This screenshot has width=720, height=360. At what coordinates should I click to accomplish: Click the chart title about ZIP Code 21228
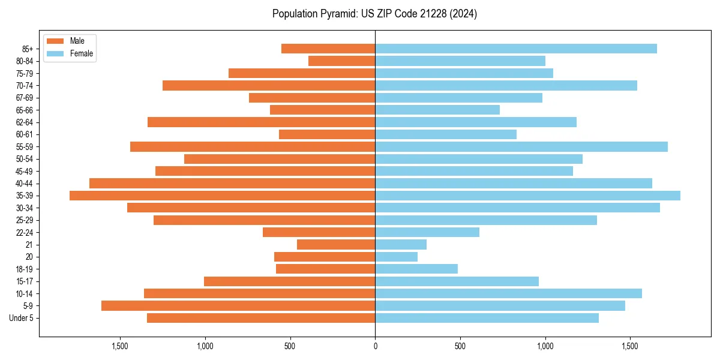(x=374, y=14)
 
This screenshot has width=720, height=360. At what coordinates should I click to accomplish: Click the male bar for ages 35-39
(x=222, y=196)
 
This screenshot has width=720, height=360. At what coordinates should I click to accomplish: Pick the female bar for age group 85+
(x=516, y=49)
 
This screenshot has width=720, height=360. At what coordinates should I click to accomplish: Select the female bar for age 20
(x=396, y=257)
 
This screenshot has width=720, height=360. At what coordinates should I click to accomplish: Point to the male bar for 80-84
(x=341, y=61)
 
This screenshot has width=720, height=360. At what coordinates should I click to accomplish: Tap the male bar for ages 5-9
(x=238, y=306)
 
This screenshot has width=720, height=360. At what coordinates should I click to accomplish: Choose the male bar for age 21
(x=336, y=244)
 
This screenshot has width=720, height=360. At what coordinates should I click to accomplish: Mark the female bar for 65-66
(x=437, y=110)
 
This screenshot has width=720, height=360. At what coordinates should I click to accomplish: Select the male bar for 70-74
(x=269, y=85)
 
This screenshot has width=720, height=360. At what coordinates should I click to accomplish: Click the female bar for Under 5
(x=487, y=318)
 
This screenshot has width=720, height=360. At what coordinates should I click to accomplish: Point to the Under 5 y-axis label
(x=22, y=318)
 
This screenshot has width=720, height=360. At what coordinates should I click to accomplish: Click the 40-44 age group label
(x=24, y=184)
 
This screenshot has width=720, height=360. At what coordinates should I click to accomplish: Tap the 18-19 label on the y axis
(x=24, y=269)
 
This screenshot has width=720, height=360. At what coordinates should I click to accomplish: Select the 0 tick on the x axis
(x=375, y=346)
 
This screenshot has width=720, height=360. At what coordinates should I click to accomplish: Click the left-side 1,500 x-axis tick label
(x=120, y=346)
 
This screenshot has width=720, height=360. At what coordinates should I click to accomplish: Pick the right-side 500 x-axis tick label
(x=460, y=346)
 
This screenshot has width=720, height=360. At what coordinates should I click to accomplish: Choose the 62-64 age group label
(x=24, y=122)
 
